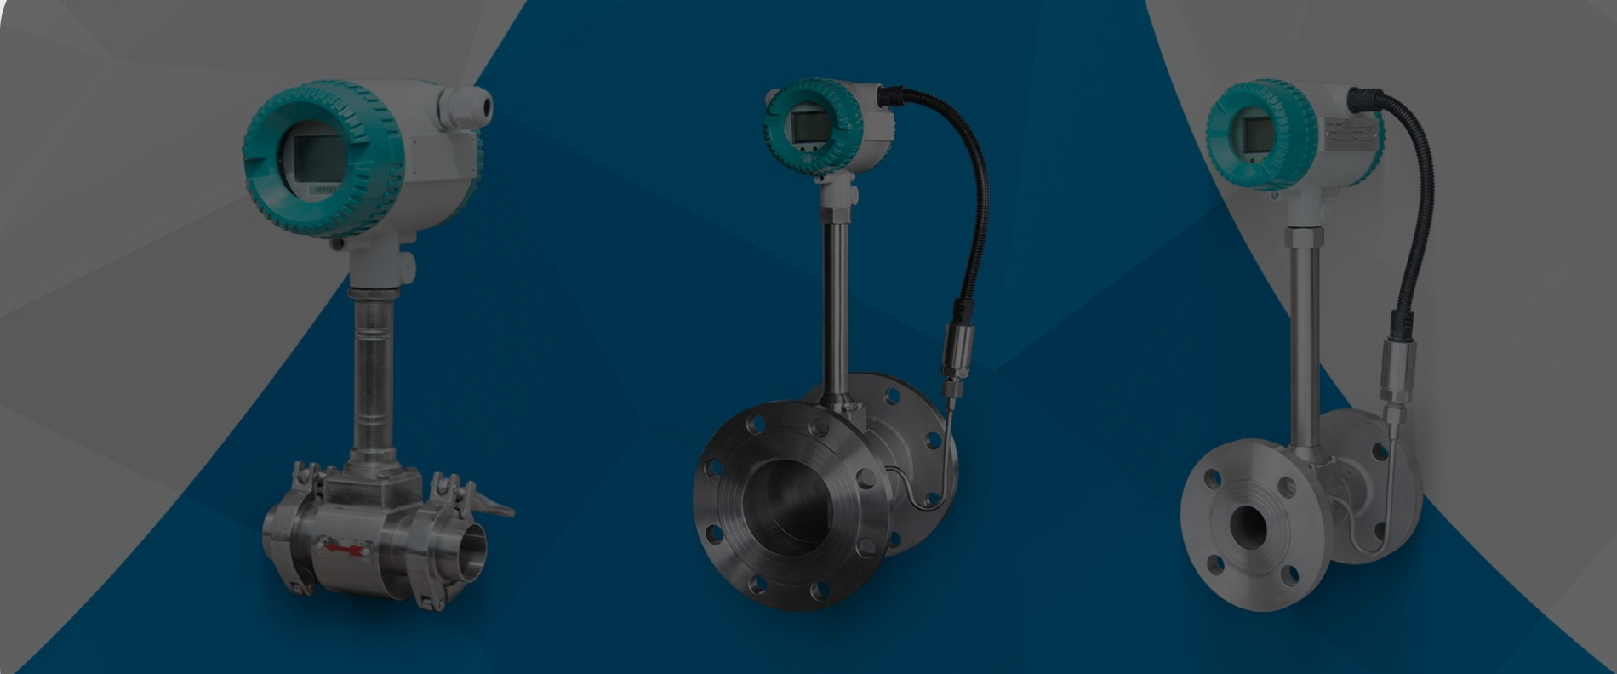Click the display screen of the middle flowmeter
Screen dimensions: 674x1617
(805, 127)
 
